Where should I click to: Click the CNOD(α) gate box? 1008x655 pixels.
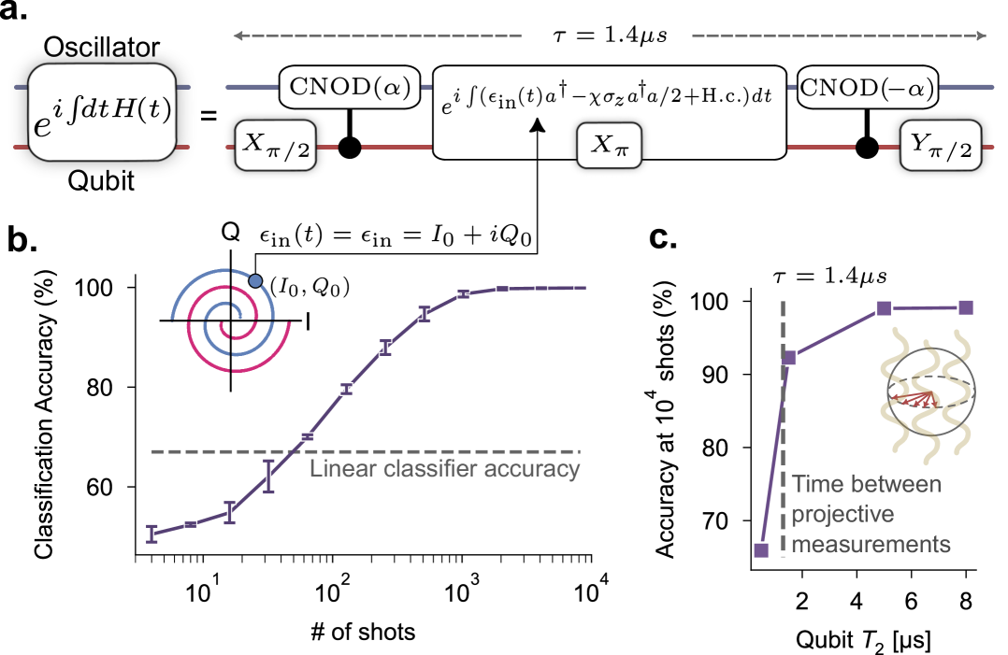point(345,87)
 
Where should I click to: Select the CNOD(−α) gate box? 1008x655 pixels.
point(868,87)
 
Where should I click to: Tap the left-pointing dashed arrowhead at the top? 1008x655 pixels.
point(238,36)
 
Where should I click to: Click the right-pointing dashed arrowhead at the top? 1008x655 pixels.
point(981,36)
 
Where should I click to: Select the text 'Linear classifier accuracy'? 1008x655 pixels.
point(444,468)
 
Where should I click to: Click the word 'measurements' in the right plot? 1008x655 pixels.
point(871,544)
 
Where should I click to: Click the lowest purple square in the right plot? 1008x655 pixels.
point(761,550)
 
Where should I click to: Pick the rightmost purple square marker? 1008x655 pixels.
point(966,306)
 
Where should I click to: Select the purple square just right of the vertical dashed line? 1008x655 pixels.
point(789,356)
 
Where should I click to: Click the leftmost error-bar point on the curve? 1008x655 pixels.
point(151,534)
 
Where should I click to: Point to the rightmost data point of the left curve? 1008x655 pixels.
point(580,288)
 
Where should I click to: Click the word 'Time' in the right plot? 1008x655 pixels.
point(815,484)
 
